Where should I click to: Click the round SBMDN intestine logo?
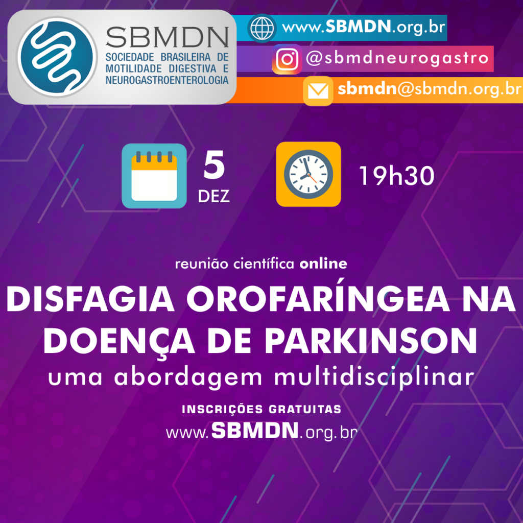[x=57, y=57]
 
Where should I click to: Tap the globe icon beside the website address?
[x=262, y=28]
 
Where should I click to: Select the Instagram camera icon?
[x=287, y=59]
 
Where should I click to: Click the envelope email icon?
[x=318, y=91]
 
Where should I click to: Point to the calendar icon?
[x=154, y=176]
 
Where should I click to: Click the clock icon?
[x=308, y=174]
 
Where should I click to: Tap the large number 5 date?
[x=214, y=165]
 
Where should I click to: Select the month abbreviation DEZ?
[x=214, y=196]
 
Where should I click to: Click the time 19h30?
[x=396, y=176]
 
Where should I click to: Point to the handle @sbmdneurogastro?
[x=397, y=58]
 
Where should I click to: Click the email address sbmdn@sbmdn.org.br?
[x=429, y=89]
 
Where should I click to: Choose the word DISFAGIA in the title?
[x=90, y=299]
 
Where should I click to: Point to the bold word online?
[x=323, y=264]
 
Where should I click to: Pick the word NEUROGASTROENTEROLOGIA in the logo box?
[x=167, y=80]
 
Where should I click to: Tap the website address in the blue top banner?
[x=364, y=27]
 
